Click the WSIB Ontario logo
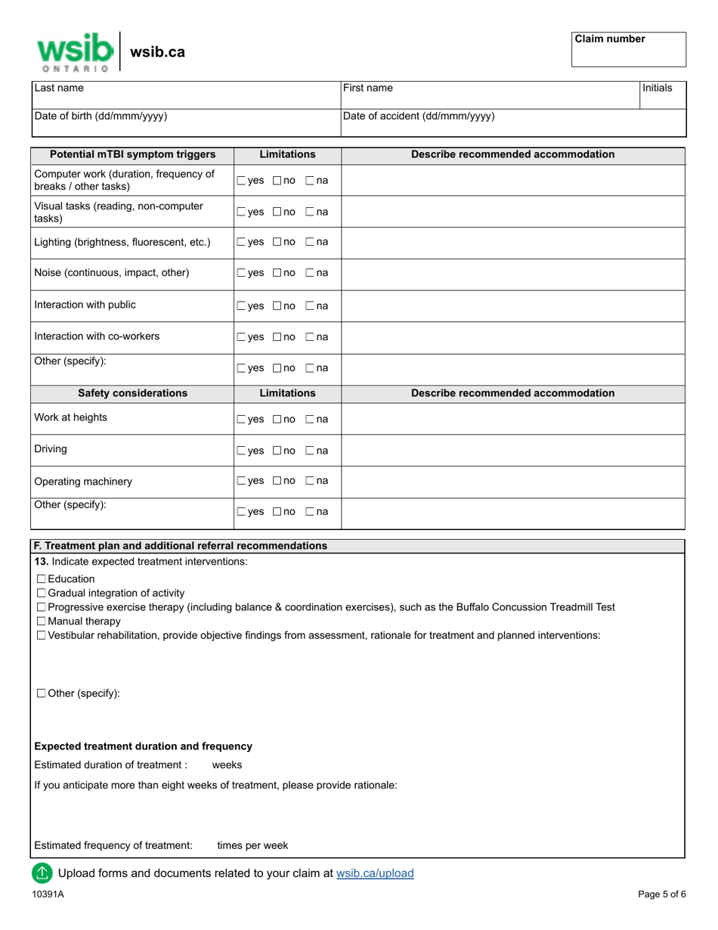pos(75,51)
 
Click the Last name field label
pos(59,88)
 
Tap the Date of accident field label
pos(419,116)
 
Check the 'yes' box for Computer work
pos(241,181)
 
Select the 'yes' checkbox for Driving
pos(241,451)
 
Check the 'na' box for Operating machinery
pos(310,482)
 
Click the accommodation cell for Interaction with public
pos(512,305)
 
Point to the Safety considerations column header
pos(132,393)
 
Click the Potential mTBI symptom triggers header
pos(132,155)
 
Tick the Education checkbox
pos(42,579)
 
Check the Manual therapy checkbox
pos(42,622)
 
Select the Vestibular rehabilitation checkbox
pos(42,636)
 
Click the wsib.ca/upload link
pos(375,873)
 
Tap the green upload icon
pos(42,873)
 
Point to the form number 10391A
pos(48,894)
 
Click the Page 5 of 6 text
pos(662,894)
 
